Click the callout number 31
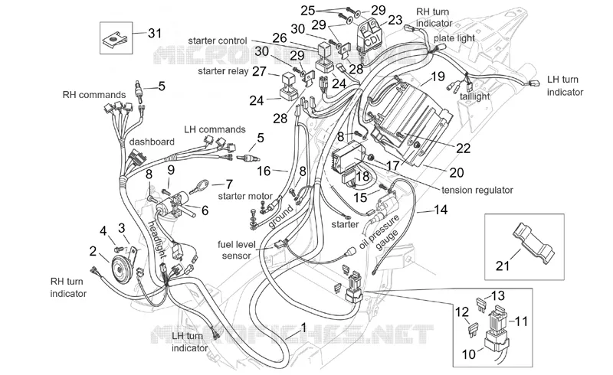155,33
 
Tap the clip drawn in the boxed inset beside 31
116,40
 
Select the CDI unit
369,34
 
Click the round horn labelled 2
121,267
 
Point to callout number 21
503,266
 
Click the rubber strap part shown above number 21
533,242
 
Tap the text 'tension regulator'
477,191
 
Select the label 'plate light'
454,38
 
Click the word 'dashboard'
152,142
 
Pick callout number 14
441,210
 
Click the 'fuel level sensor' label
237,250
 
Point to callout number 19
438,77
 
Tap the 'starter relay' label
223,71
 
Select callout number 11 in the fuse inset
521,321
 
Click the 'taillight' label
475,96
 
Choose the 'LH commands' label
215,129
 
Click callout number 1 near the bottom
303,328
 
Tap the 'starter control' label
218,41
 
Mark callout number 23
395,20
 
